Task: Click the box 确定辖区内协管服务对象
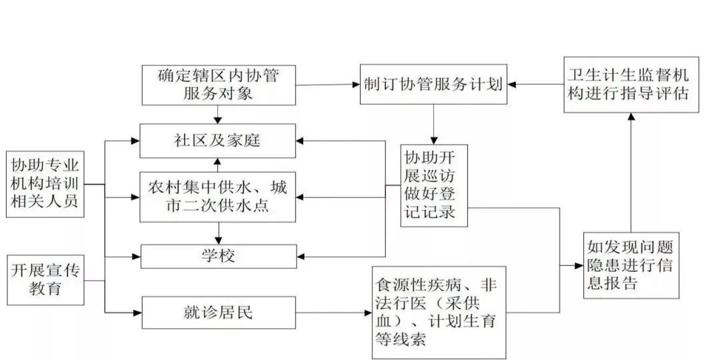(x=218, y=85)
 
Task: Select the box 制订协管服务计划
(x=433, y=84)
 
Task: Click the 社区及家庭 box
(x=218, y=141)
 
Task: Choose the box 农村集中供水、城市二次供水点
(x=218, y=197)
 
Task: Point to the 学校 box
(x=218, y=256)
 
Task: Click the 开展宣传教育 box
(x=45, y=280)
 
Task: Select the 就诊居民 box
(x=218, y=312)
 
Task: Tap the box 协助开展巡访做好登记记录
(x=434, y=186)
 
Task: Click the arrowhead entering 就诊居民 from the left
(x=137, y=312)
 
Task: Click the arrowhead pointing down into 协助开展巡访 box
(x=434, y=141)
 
